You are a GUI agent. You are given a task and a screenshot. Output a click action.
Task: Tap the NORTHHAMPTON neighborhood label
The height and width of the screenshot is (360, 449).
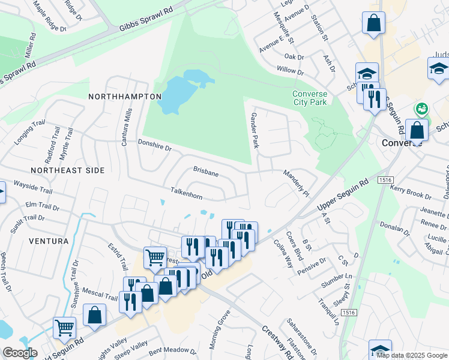pyautogui.click(x=125, y=97)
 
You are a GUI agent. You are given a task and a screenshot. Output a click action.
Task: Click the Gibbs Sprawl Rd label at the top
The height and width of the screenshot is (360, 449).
pyautogui.click(x=146, y=19)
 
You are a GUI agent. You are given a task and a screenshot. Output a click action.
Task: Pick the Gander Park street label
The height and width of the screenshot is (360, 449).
pyautogui.click(x=255, y=130)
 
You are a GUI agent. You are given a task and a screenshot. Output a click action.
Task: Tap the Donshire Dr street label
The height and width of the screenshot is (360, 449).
pyautogui.click(x=155, y=145)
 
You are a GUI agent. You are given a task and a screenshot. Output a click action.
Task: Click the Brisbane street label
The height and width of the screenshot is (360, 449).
pyautogui.click(x=205, y=172)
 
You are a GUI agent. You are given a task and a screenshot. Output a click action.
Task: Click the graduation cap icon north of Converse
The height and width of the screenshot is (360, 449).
pyautogui.click(x=367, y=73)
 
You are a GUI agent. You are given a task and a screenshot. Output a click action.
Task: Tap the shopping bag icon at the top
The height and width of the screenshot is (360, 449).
pyautogui.click(x=373, y=23)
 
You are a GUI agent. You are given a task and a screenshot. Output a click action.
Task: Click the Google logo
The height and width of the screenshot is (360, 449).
pyautogui.click(x=19, y=353)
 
